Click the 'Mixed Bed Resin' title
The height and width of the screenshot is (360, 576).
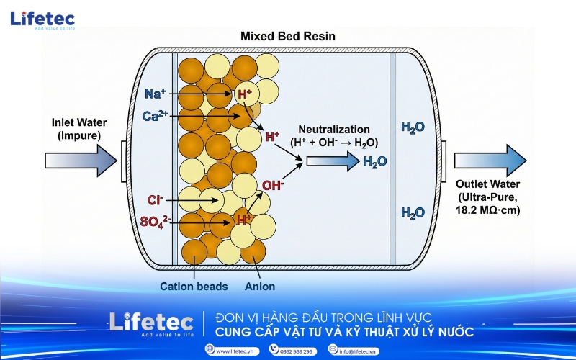coord(288,36)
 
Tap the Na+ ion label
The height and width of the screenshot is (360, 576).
coord(156,94)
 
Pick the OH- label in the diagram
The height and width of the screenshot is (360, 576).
coord(273,186)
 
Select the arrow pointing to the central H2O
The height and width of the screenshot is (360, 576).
coord(332,161)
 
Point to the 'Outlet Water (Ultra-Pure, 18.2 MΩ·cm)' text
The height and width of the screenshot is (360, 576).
coord(493,197)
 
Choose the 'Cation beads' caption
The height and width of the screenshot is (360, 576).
coord(194,287)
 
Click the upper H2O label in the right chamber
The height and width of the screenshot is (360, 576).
coord(413,127)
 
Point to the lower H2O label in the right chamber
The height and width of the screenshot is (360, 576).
coord(413,212)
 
